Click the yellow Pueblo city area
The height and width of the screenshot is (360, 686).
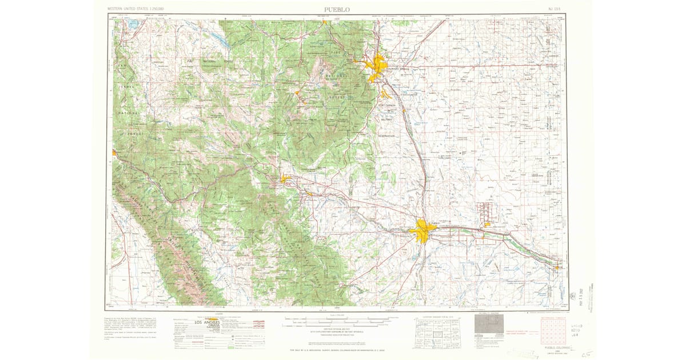point(423,230)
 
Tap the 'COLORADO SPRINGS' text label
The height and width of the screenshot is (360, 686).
point(398,69)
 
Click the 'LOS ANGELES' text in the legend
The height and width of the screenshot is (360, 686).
point(207,323)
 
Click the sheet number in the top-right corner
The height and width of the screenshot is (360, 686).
point(552,10)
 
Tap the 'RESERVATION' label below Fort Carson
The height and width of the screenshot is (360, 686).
point(387,136)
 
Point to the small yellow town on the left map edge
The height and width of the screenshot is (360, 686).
point(115,153)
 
